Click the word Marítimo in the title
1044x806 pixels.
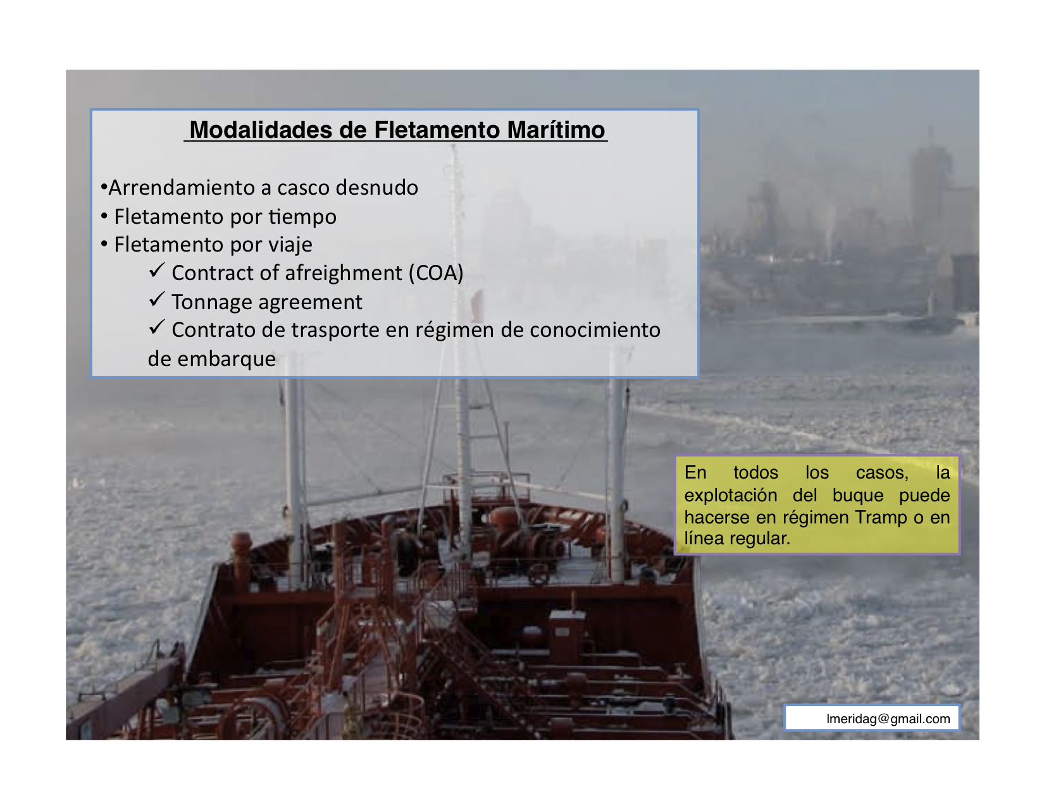tap(556, 130)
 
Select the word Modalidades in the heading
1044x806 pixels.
tap(261, 130)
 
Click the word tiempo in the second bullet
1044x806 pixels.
tap(302, 217)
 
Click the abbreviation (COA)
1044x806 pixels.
tap(436, 273)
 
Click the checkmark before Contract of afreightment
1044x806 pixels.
tap(157, 271)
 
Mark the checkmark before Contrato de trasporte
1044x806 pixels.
tap(157, 327)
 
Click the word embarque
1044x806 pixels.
tap(227, 360)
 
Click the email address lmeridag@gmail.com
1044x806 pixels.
tap(888, 719)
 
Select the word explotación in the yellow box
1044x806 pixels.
tap(731, 496)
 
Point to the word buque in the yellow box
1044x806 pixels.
tap(858, 496)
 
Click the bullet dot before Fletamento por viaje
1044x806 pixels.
tap(104, 245)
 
